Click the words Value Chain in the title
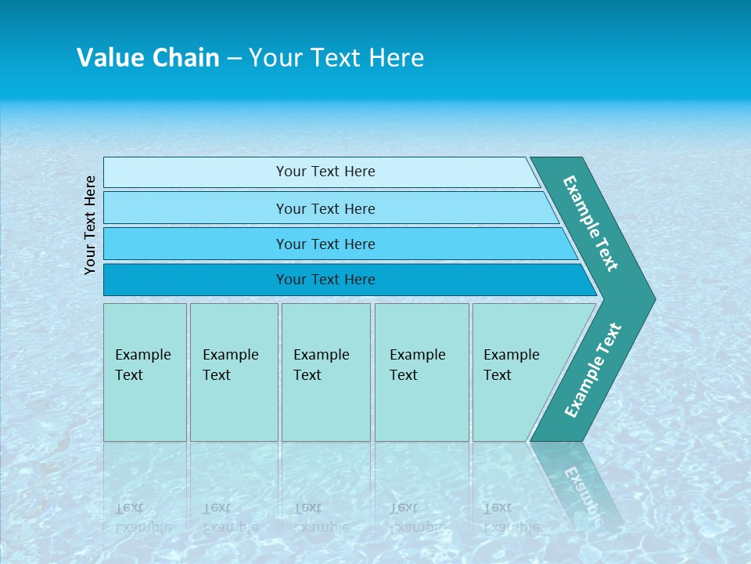[148, 58]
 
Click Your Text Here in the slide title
[336, 58]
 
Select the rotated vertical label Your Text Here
[90, 225]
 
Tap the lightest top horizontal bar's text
[325, 172]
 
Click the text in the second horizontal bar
[325, 209]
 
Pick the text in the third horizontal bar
[325, 244]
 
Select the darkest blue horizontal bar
[325, 280]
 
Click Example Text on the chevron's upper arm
[591, 223]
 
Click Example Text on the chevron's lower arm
[592, 370]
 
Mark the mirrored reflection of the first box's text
[142, 518]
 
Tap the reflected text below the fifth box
[511, 518]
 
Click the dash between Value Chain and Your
[234, 59]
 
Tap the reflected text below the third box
[321, 518]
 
